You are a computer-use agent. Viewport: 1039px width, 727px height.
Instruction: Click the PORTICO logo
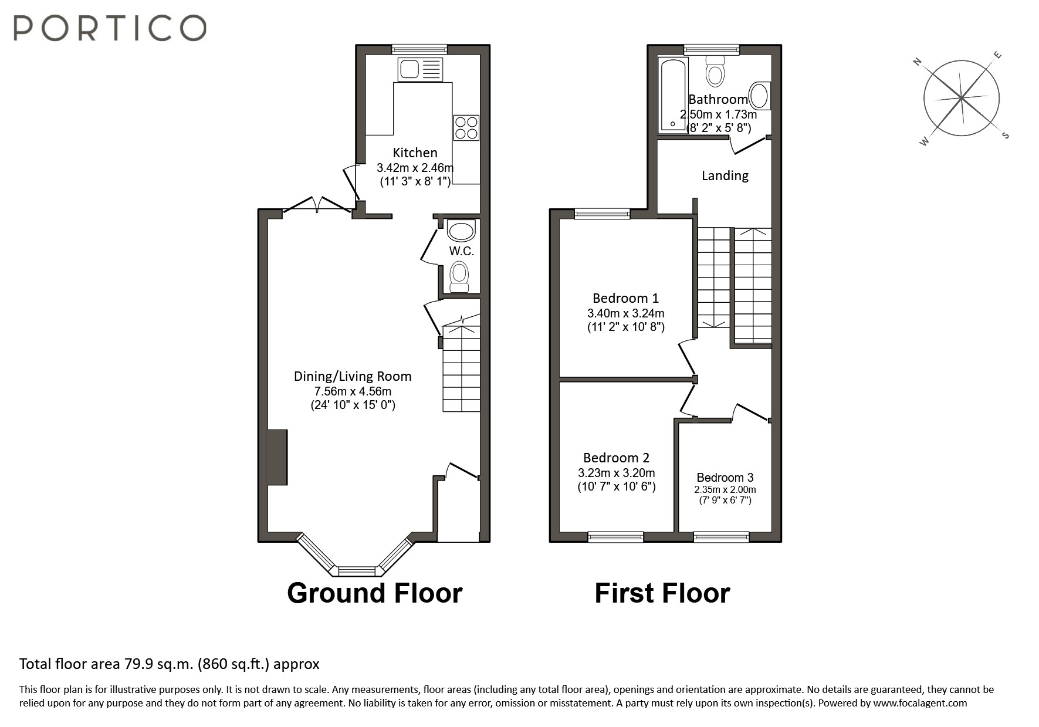point(110,28)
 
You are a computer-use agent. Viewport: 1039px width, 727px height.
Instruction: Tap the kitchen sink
point(420,70)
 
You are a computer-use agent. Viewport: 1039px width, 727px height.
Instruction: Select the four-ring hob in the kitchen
point(466,128)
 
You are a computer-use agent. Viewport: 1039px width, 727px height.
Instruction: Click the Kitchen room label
point(415,153)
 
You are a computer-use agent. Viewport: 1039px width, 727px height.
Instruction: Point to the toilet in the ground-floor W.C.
point(459,275)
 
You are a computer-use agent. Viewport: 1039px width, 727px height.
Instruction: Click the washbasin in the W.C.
point(461,230)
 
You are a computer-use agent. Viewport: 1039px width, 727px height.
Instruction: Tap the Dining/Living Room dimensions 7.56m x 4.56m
point(353,391)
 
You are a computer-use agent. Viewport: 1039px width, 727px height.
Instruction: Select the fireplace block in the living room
point(277,457)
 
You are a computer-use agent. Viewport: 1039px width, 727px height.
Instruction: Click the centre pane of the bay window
point(357,570)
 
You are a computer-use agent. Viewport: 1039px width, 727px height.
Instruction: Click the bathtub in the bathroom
point(672,94)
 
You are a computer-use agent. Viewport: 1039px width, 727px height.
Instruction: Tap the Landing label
point(725,175)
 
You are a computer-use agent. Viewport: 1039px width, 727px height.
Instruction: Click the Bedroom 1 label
point(625,298)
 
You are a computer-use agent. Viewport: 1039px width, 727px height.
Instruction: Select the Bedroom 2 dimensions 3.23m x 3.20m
point(616,473)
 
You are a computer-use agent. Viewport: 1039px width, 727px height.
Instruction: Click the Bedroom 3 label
point(725,478)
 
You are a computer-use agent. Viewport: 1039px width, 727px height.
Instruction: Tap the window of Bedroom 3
point(721,536)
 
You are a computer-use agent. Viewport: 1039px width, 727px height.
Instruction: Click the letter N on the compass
point(918,62)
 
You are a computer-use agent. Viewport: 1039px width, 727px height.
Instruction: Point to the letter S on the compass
point(1005,136)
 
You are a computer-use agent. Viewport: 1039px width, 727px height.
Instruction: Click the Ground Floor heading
point(374,593)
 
